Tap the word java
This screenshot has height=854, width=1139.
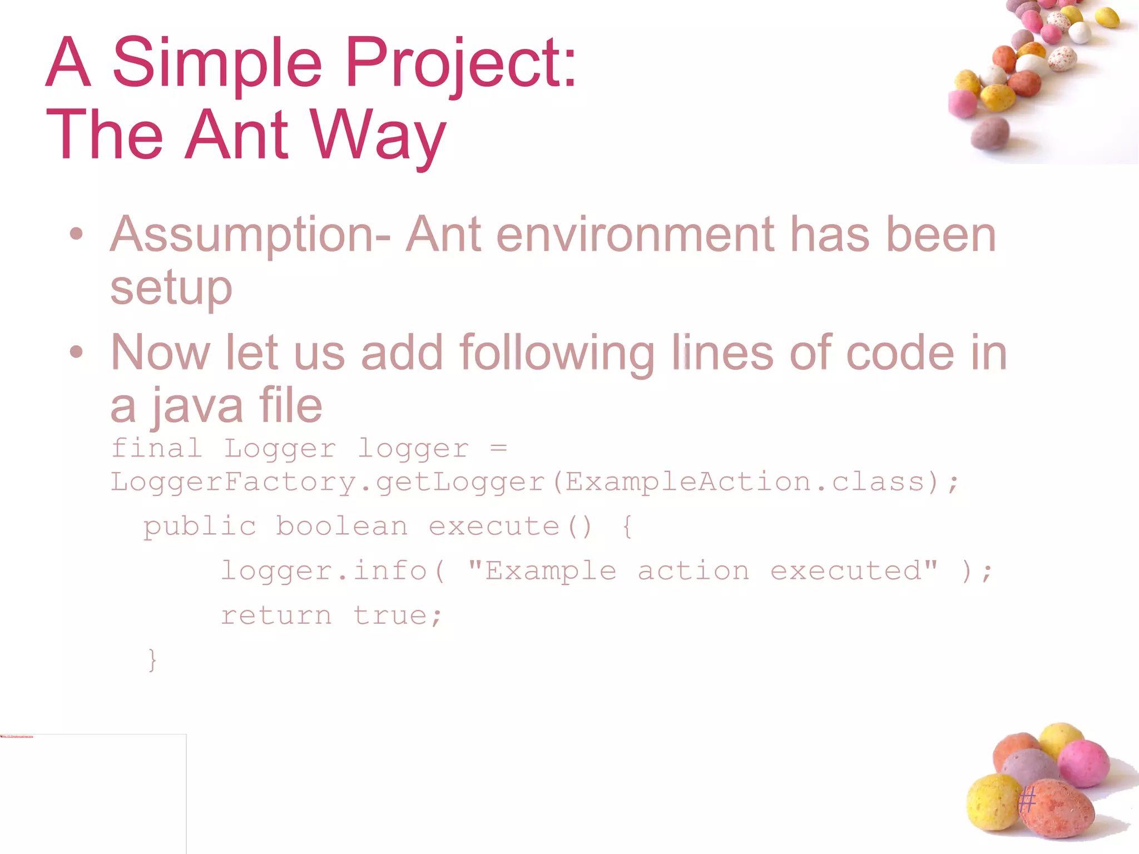click(x=198, y=406)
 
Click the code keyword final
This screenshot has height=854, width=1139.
click(x=157, y=449)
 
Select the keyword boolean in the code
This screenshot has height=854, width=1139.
click(x=341, y=527)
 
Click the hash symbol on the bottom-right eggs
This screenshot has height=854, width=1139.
click(x=1027, y=801)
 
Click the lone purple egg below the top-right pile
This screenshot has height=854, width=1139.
click(x=990, y=133)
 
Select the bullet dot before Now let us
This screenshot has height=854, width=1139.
click(x=77, y=352)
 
